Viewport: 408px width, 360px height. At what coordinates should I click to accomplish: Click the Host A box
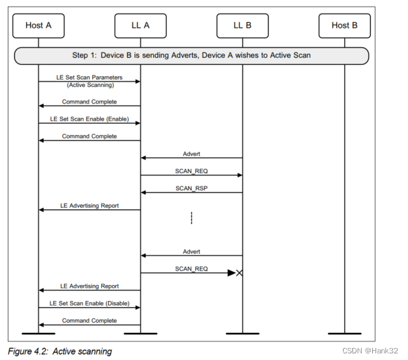[38, 25]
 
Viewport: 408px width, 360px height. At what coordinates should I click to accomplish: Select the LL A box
[140, 25]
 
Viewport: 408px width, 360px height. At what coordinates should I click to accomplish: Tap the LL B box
[242, 25]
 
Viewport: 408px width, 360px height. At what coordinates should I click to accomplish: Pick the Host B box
[344, 25]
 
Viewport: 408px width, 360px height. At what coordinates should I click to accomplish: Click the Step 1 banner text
[191, 55]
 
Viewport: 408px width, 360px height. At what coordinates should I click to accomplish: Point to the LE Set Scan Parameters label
[89, 78]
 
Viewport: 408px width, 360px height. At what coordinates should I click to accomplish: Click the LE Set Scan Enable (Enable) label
[89, 119]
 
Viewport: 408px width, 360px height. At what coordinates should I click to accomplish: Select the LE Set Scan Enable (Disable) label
[89, 303]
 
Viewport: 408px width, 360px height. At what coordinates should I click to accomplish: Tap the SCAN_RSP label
[191, 188]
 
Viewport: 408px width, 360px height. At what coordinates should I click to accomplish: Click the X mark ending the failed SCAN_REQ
[239, 272]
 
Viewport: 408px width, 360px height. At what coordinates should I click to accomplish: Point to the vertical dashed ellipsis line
[191, 218]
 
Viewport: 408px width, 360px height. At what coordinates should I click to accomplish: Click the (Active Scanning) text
[89, 86]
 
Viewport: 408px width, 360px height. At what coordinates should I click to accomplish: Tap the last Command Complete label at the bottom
[89, 320]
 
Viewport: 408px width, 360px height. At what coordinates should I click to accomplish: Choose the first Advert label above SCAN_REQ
[191, 154]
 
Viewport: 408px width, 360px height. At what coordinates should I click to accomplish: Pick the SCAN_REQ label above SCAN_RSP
[191, 171]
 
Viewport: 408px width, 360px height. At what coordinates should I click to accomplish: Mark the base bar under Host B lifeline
[344, 332]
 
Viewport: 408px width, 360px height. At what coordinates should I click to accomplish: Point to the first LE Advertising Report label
[89, 206]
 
